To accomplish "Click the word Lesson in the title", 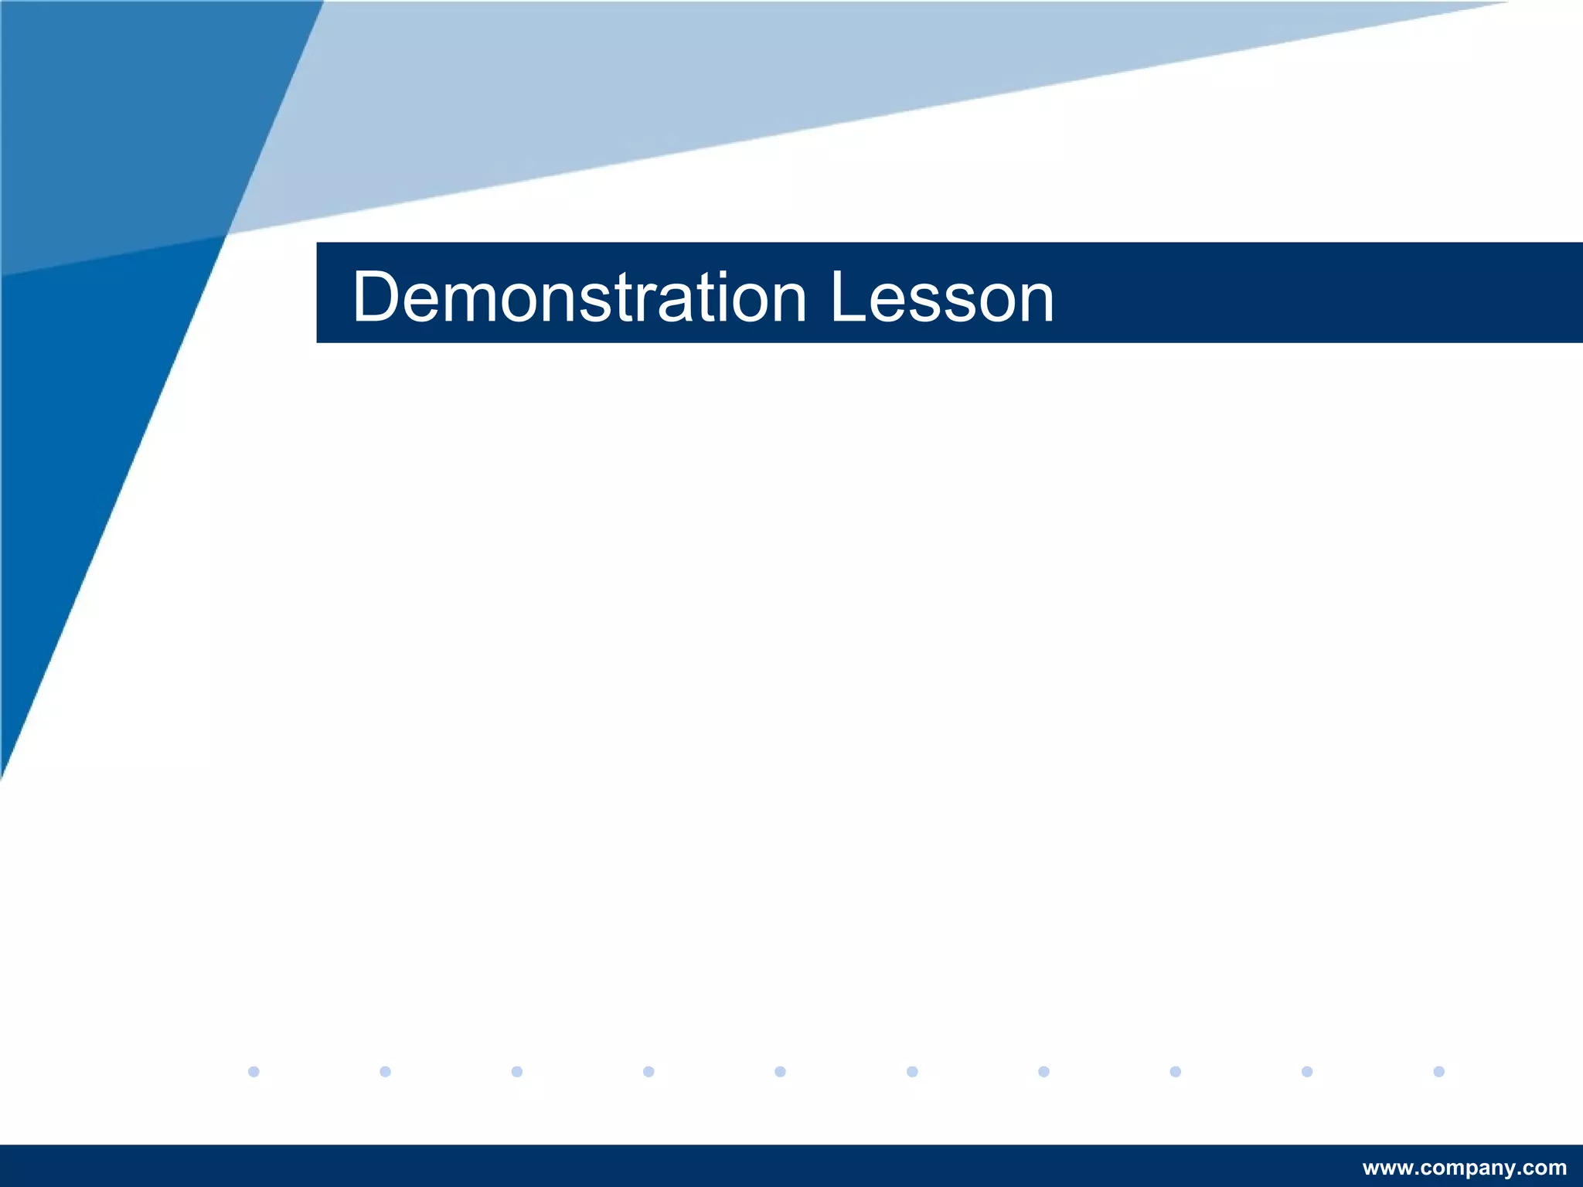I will pyautogui.click(x=941, y=298).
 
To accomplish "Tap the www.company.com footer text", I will pyautogui.click(x=1464, y=1168).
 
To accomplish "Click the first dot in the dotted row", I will pyautogui.click(x=254, y=1071).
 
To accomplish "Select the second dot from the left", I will pyautogui.click(x=386, y=1071).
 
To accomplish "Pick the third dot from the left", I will pyautogui.click(x=517, y=1071).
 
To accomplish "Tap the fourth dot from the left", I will pyautogui.click(x=649, y=1071).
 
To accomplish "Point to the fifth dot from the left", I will pyautogui.click(x=780, y=1071).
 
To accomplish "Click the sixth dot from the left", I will pyautogui.click(x=912, y=1071).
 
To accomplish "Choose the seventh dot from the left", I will pyautogui.click(x=1043, y=1071).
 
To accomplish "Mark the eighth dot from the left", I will pyautogui.click(x=1176, y=1071).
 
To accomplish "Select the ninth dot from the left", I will pyautogui.click(x=1307, y=1071).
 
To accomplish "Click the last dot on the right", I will pyautogui.click(x=1438, y=1071).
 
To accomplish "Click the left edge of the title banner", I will pyautogui.click(x=319, y=292).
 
